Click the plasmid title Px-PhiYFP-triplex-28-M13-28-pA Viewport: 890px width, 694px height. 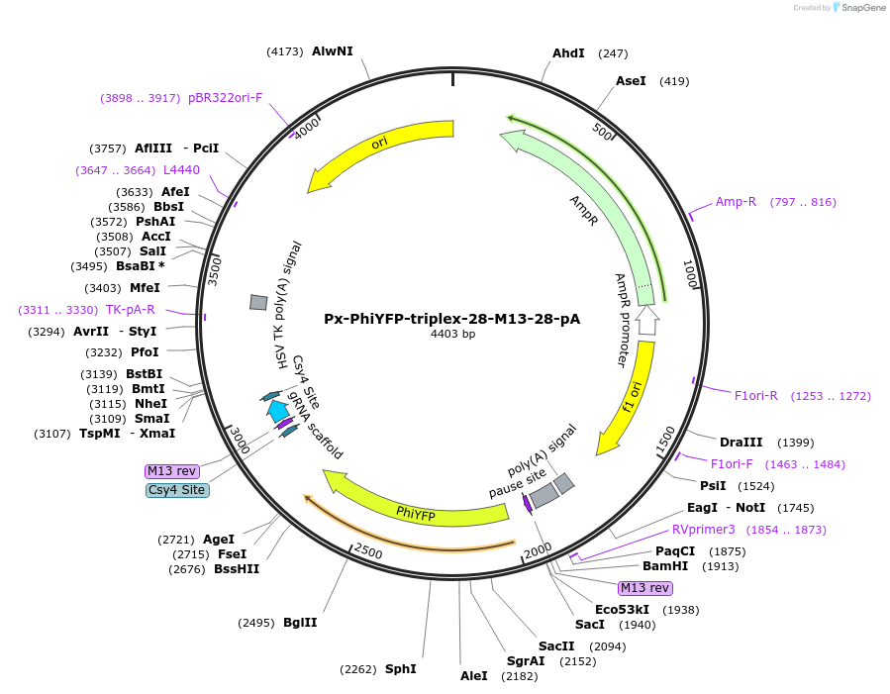[x=451, y=319]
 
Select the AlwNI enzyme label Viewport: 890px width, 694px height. [x=332, y=50]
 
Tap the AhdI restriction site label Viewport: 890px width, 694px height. [x=568, y=52]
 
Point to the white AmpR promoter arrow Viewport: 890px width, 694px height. [x=646, y=320]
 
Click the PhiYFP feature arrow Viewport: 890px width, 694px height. [x=416, y=511]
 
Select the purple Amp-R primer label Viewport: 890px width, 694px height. [x=736, y=202]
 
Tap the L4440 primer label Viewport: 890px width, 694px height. [x=181, y=170]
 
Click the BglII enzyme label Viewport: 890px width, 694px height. [x=300, y=622]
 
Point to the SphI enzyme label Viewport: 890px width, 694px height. [x=400, y=668]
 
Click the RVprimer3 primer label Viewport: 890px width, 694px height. [x=704, y=529]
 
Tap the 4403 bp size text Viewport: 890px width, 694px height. [x=452, y=335]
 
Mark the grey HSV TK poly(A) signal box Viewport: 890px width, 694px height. [x=257, y=301]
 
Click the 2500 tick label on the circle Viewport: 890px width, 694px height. [x=368, y=550]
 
